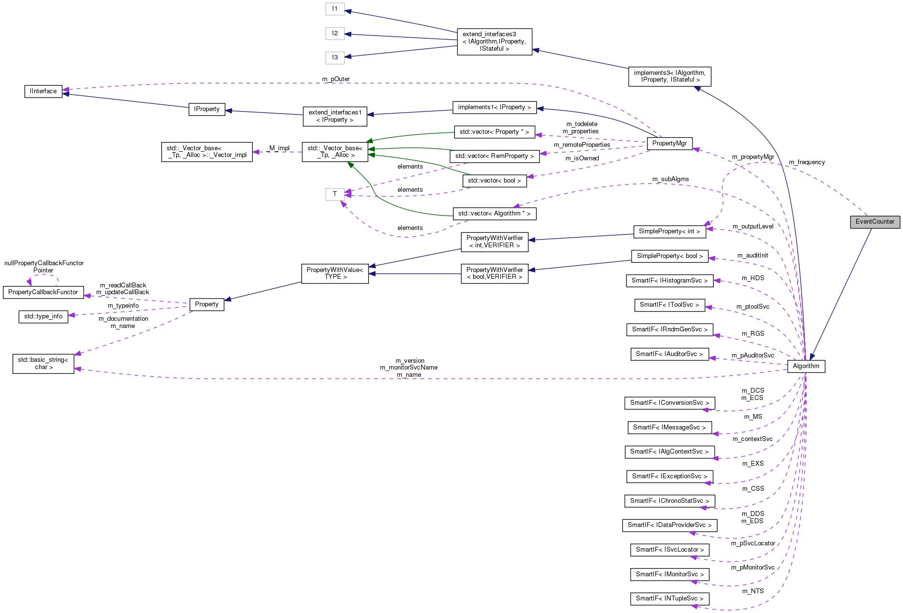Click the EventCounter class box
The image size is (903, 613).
pos(875,222)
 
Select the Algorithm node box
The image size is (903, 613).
pos(805,366)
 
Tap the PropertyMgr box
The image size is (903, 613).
pos(669,143)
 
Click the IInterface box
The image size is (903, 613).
pos(43,91)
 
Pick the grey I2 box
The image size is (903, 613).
pos(335,33)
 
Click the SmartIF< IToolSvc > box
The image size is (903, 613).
pos(669,305)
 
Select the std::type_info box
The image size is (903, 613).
pos(43,316)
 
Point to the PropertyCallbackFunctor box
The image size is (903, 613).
pos(43,292)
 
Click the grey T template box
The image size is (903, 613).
pos(335,194)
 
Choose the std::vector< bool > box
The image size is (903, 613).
pos(494,181)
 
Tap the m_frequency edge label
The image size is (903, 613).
pos(806,162)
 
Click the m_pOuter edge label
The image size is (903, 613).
pos(336,79)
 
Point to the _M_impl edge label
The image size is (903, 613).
pos(279,148)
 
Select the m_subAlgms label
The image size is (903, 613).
pos(670,179)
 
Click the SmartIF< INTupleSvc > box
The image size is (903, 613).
pos(669,599)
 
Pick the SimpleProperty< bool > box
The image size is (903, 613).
pos(669,256)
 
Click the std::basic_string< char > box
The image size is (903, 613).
pos(43,363)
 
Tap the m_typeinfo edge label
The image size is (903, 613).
pos(123,306)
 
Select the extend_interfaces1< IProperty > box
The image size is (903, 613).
pos(335,116)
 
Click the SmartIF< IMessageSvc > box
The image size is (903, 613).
pos(669,428)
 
